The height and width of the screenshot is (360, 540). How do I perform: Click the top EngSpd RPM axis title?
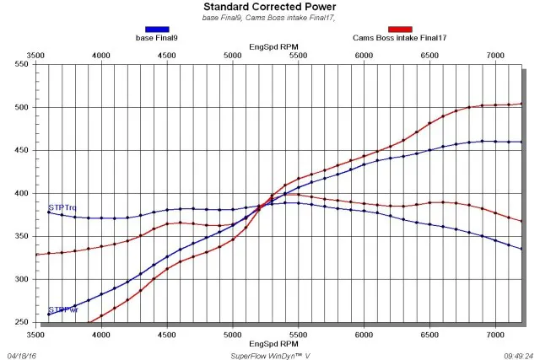tap(273, 47)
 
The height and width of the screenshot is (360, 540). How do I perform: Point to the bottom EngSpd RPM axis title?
tap(273, 344)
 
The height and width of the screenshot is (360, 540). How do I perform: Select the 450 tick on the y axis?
tap(18, 151)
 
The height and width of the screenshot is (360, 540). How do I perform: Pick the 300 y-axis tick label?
tap(18, 279)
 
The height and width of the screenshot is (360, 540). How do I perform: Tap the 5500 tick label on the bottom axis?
tap(299, 334)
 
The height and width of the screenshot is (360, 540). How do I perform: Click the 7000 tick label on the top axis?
tap(496, 56)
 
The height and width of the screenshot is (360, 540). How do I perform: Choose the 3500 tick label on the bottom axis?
tap(35, 334)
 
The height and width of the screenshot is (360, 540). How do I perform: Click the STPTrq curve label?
tap(62, 207)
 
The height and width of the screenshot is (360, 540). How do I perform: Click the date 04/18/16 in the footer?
tap(23, 355)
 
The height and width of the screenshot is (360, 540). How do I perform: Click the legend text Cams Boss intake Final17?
tap(399, 38)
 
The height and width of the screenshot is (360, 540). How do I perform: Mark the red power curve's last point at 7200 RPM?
tap(521, 104)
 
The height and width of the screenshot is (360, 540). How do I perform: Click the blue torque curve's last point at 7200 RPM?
tap(521, 249)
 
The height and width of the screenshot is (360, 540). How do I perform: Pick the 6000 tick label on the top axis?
tap(364, 56)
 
